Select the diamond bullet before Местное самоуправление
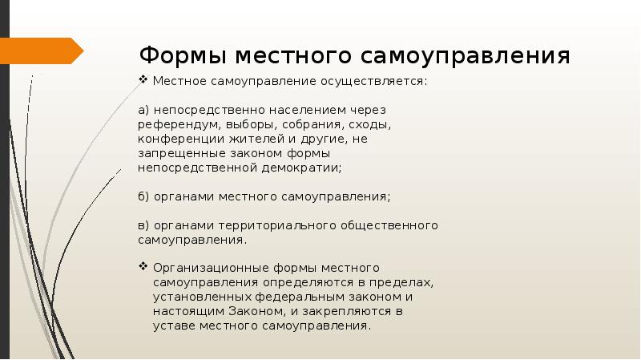point(143,82)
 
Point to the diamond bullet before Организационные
point(143,267)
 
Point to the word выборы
point(252,124)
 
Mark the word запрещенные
point(178,153)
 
